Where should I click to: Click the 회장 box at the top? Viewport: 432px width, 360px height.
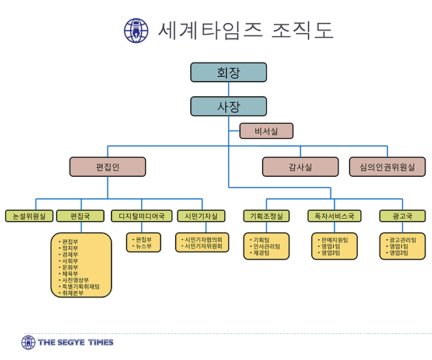(228, 72)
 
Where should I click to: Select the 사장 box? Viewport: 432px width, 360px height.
(228, 106)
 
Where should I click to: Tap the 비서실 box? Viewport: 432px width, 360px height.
(266, 131)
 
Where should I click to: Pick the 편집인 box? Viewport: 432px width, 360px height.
(107, 167)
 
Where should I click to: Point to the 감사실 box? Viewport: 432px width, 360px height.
(300, 167)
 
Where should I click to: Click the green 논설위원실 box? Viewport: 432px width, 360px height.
(29, 216)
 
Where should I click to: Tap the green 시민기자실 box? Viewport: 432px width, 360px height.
(201, 216)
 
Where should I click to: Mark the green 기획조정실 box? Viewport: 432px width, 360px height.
(266, 216)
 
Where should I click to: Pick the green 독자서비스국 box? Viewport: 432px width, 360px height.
(335, 216)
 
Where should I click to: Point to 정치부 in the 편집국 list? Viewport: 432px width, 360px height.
(69, 248)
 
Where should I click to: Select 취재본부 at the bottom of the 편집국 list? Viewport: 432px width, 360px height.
(72, 293)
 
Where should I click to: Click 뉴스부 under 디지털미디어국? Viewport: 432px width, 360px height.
(143, 247)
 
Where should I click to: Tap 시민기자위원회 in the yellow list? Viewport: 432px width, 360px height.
(203, 247)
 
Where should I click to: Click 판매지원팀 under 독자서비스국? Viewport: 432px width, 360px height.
(335, 240)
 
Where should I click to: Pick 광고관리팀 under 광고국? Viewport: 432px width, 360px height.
(402, 240)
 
